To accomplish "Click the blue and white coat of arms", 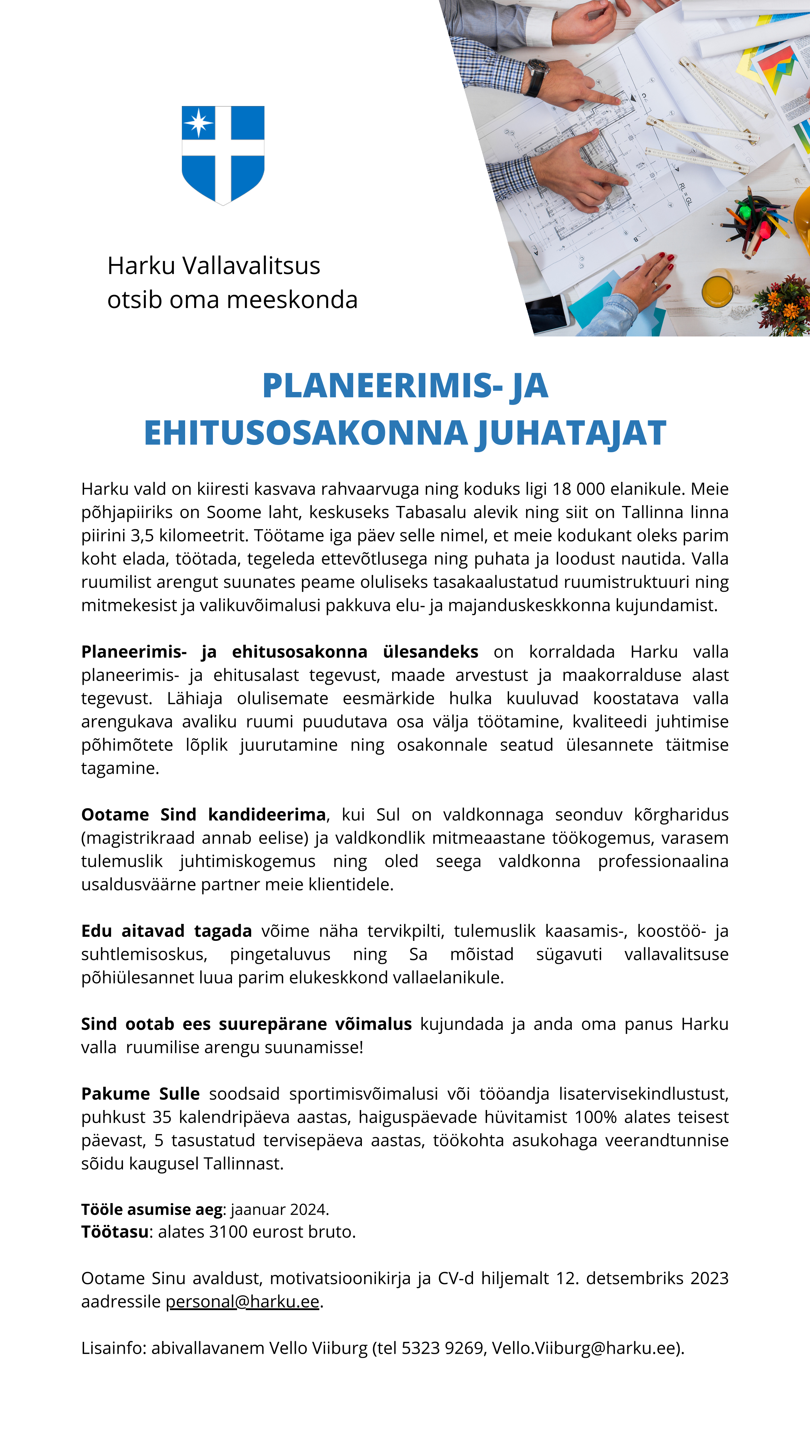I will [223, 155].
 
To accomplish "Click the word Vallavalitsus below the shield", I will [251, 266].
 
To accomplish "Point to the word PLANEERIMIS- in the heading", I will [382, 386].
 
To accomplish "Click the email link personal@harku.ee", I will [242, 1301].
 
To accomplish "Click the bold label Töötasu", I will [115, 1232].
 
